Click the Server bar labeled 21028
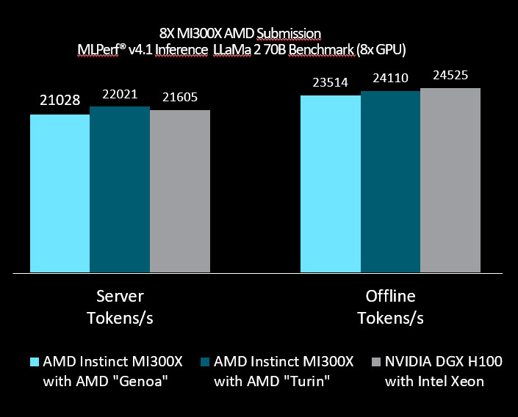pyautogui.click(x=60, y=193)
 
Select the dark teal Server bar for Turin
pyautogui.click(x=120, y=189)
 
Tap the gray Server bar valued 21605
pyautogui.click(x=180, y=192)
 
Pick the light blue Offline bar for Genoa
pyautogui.click(x=330, y=184)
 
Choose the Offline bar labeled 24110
pyautogui.click(x=389, y=181)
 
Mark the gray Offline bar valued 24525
pyautogui.click(x=450, y=180)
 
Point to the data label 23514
pyautogui.click(x=330, y=83)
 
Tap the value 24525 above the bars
pyautogui.click(x=450, y=76)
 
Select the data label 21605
pyautogui.click(x=180, y=98)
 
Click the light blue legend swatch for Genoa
pyautogui.click(x=34, y=361)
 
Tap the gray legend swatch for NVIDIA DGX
pyautogui.click(x=377, y=361)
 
